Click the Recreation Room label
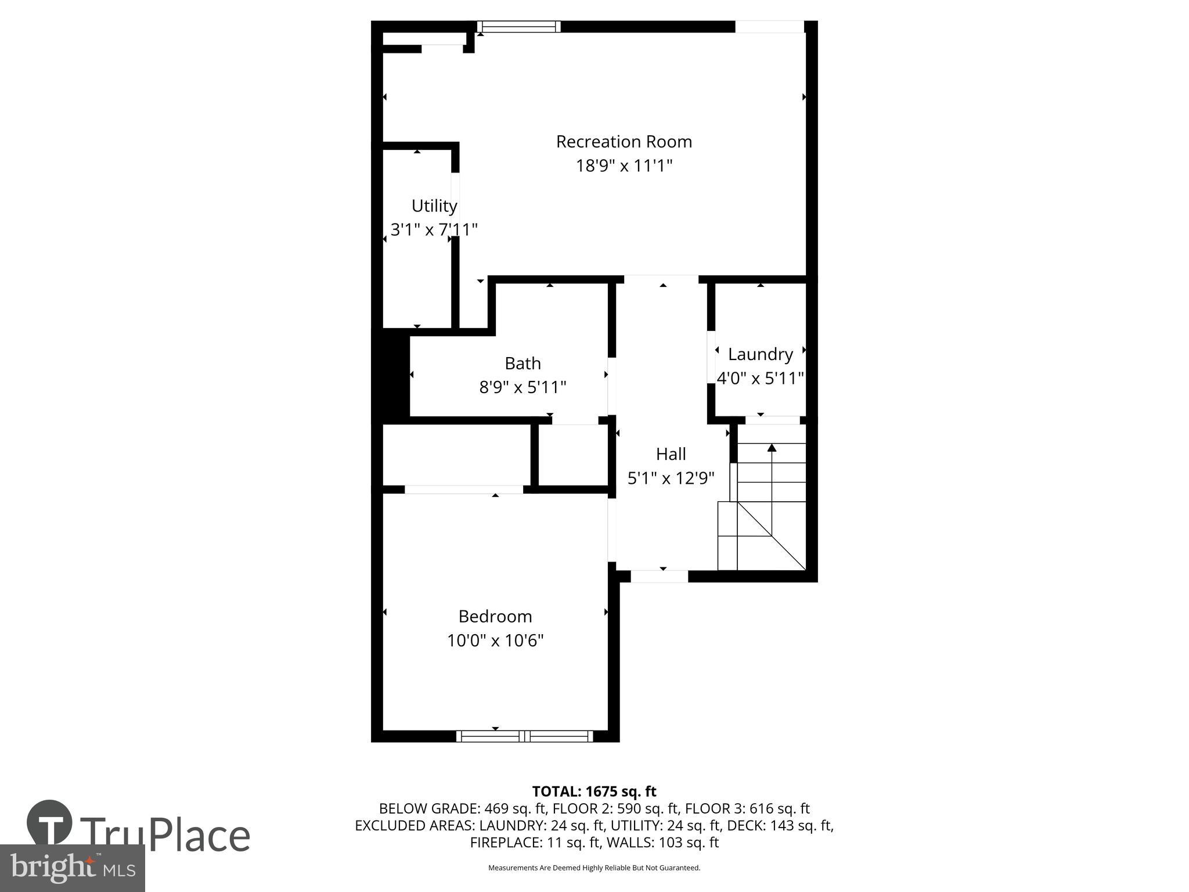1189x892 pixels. pos(624,142)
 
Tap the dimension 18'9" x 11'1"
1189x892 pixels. pos(624,166)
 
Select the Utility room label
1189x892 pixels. pos(434,206)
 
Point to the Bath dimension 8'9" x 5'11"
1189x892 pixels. pos(523,387)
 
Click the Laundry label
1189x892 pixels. pos(760,354)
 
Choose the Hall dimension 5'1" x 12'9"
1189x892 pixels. pos(671,479)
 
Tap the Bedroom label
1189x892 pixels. pos(495,616)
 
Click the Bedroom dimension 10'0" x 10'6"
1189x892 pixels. pos(495,641)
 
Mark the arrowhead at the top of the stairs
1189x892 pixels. pos(772,447)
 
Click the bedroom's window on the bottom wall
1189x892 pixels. pos(524,736)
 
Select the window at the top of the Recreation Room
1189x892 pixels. pos(518,27)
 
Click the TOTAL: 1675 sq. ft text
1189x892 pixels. pos(594,792)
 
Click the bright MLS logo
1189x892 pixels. pos(72,868)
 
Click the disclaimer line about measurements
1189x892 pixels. pos(594,868)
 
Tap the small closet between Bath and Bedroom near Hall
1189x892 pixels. pos(572,455)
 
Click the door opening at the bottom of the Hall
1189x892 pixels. pos(659,577)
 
